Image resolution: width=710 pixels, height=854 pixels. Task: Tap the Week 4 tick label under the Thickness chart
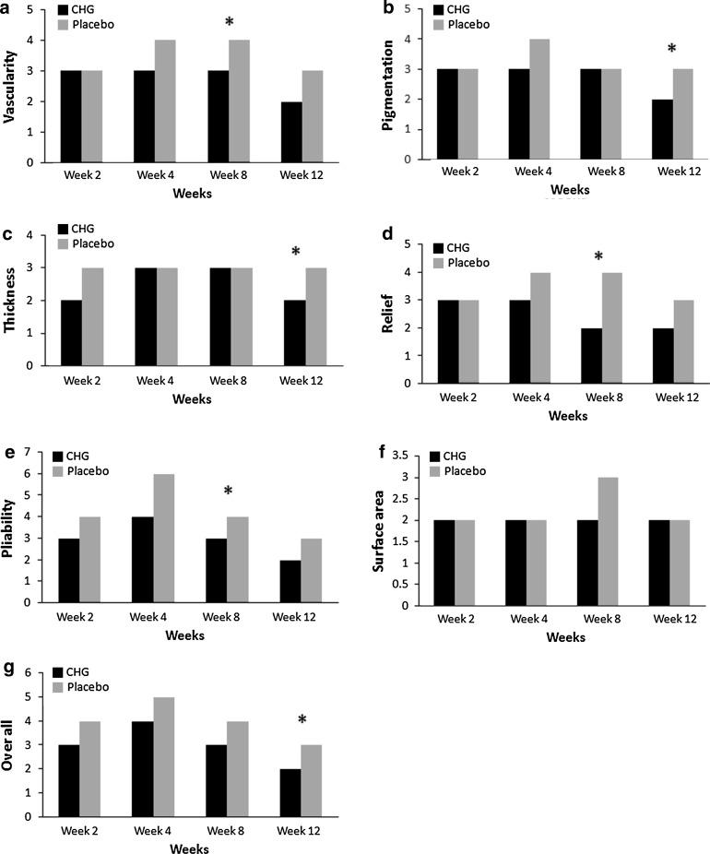152,380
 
